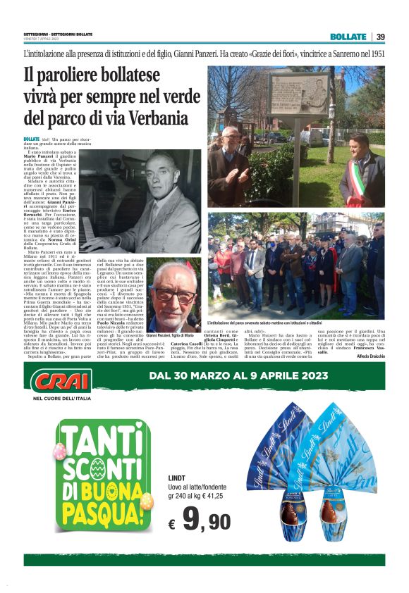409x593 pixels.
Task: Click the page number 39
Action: tap(380, 37)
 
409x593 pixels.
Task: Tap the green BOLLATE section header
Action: tap(348, 37)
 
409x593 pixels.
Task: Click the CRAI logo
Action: tap(61, 380)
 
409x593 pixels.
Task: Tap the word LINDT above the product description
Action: tap(177, 478)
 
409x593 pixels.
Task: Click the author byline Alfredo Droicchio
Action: tap(371, 357)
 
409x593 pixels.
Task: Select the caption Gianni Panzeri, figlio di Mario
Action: tap(172, 337)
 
